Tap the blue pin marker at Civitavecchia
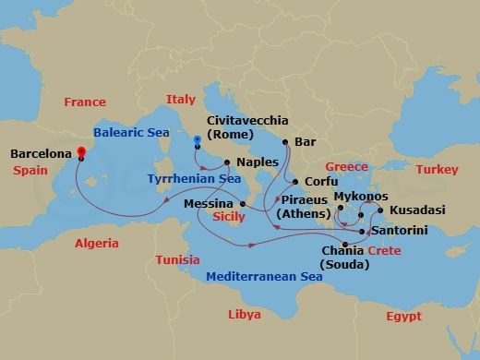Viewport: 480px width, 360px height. pos(198,142)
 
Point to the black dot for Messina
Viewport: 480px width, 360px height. pos(242,204)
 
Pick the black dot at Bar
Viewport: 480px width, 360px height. pos(285,142)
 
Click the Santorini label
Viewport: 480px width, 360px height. pos(403,231)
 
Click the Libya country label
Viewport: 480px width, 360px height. pos(244,315)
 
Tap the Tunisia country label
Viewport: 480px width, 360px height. pos(177,259)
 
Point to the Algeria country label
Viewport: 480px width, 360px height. pos(97,244)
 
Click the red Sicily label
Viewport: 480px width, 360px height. pos(228,218)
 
